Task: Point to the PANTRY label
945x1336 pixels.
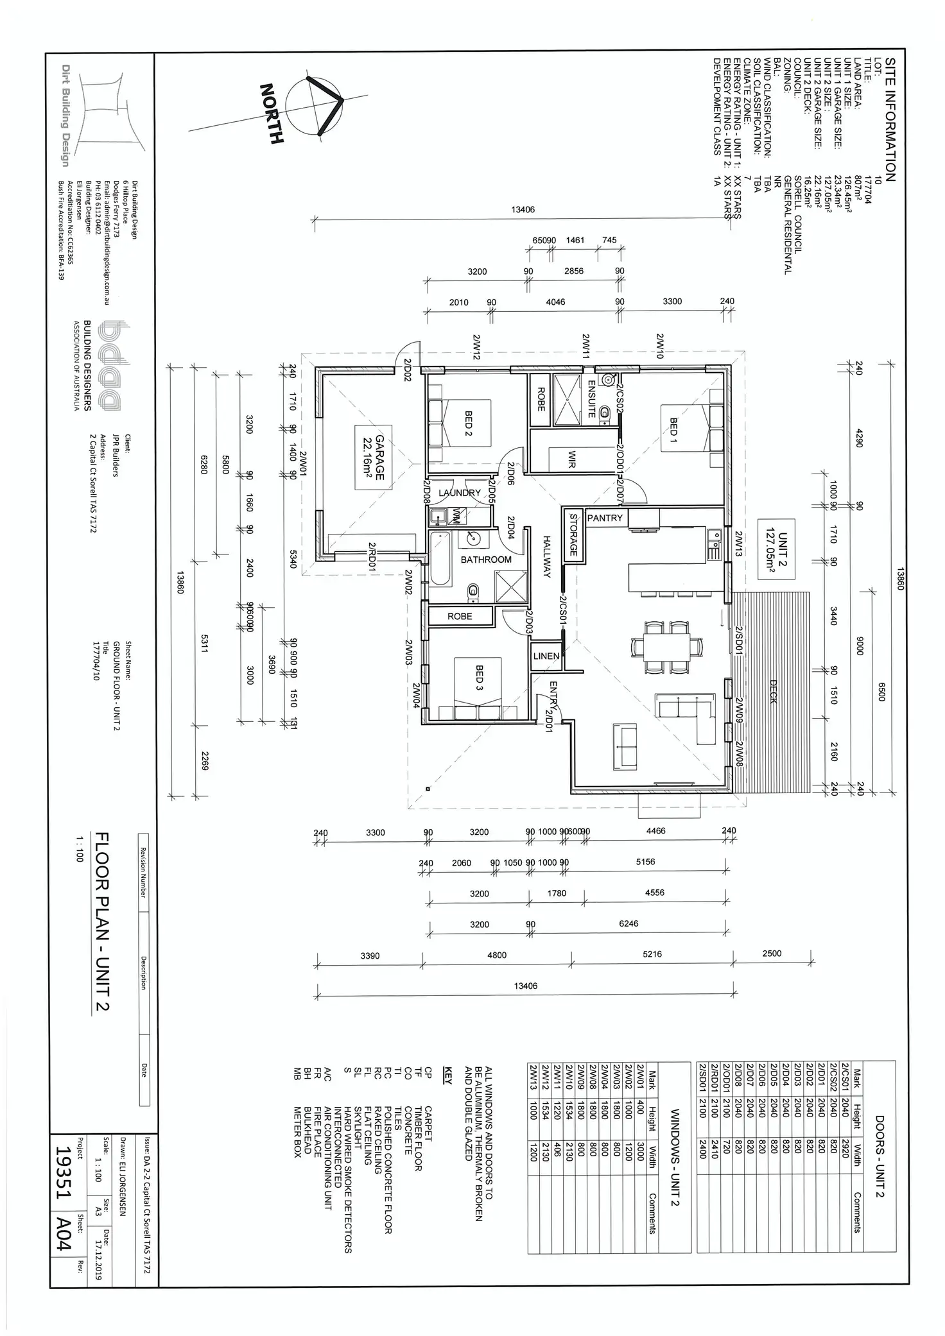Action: point(605,518)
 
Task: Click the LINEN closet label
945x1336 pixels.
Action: point(546,656)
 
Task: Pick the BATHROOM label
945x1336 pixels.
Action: point(486,560)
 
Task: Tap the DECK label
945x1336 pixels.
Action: point(773,691)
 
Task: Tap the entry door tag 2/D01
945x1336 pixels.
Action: point(550,721)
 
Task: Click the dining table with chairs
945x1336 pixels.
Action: point(661,647)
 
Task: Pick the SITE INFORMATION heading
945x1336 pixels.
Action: point(890,119)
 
